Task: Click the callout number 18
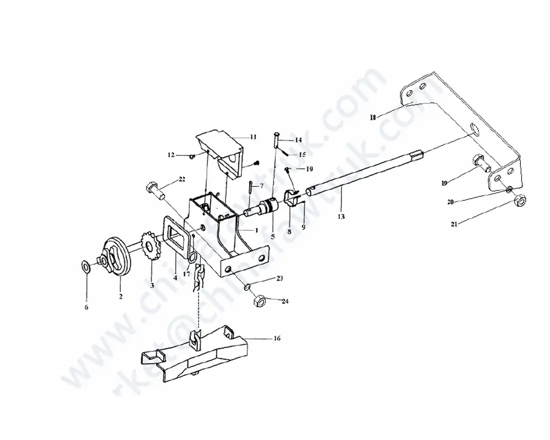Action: pos(372,118)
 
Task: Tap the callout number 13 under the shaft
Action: pos(341,217)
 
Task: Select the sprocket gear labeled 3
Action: pos(150,249)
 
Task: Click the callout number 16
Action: pos(276,338)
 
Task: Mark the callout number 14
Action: pos(298,140)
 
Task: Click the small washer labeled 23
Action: pos(248,286)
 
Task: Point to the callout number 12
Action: pos(172,156)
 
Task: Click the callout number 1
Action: pos(256,229)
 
